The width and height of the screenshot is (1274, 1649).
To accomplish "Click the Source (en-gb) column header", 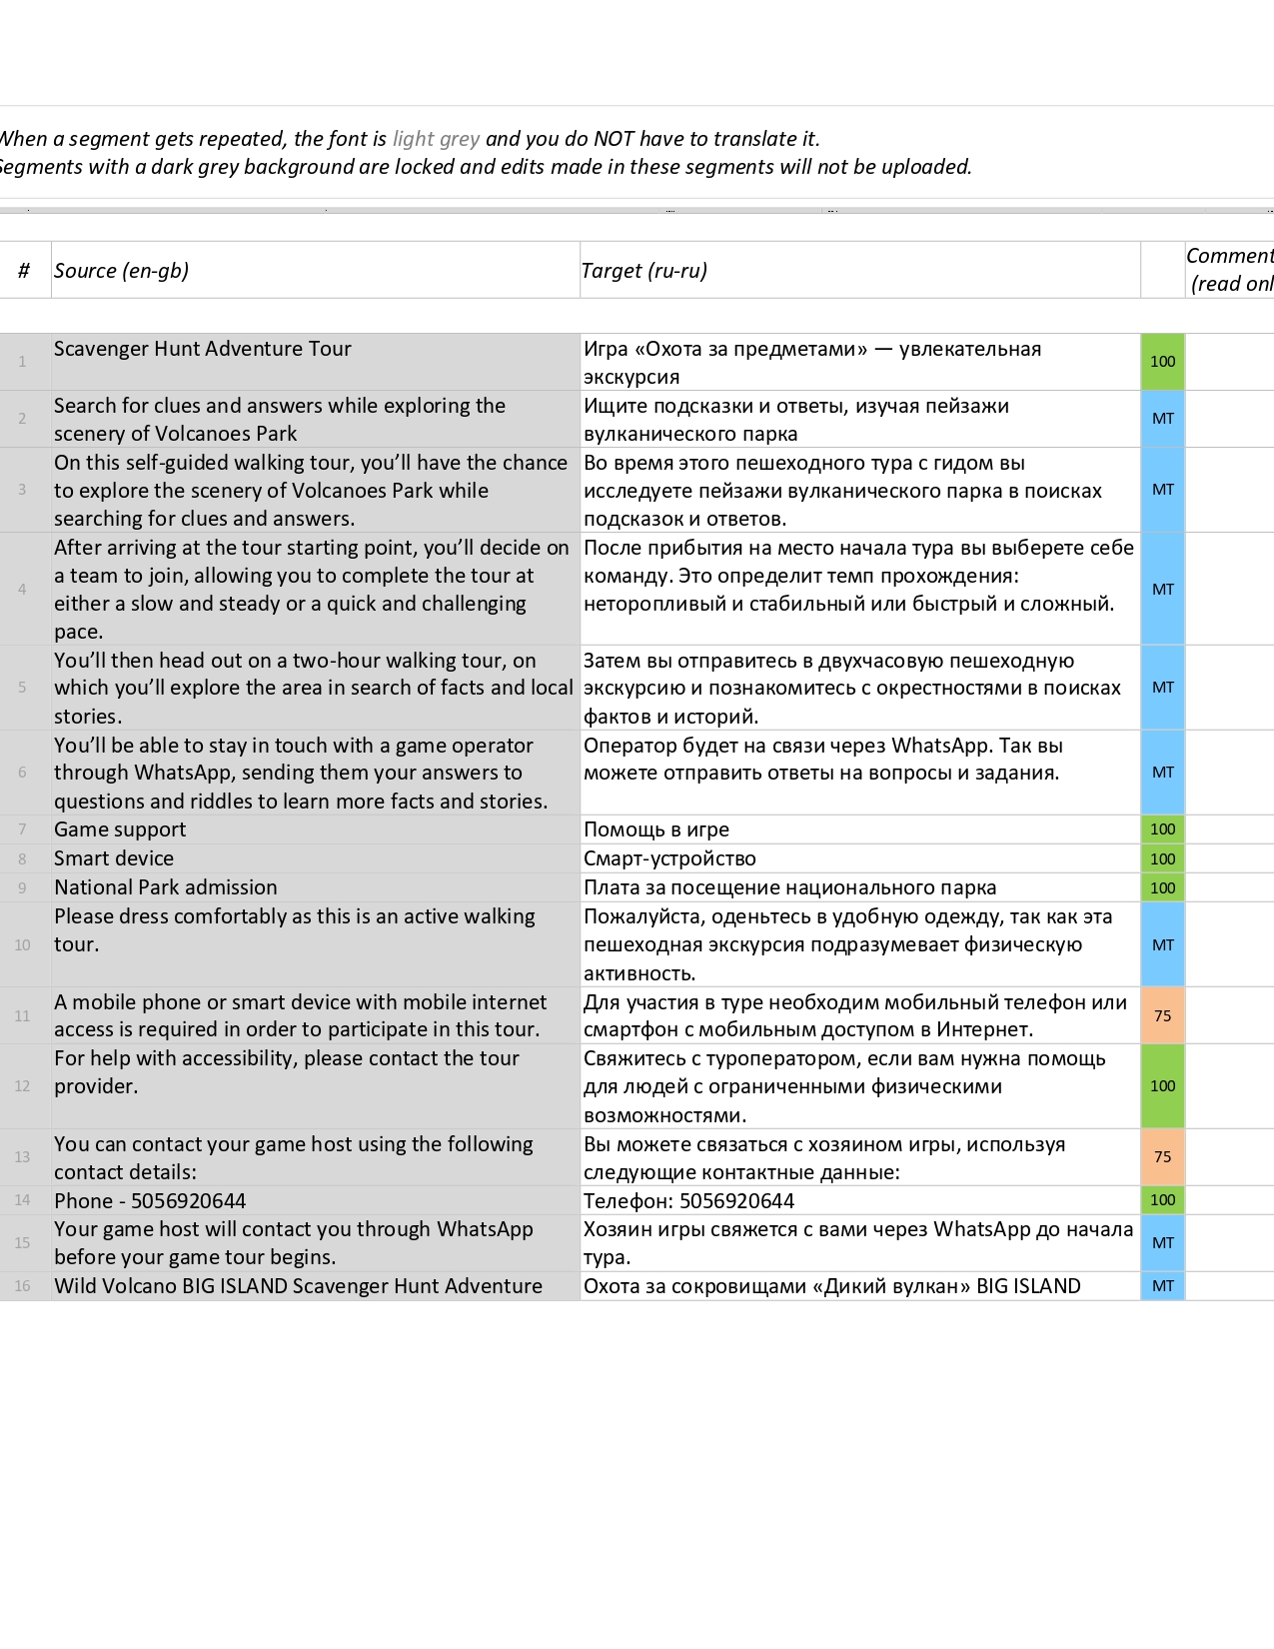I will pyautogui.click(x=121, y=271).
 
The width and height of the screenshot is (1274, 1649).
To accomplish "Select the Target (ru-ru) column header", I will pyautogui.click(x=644, y=271).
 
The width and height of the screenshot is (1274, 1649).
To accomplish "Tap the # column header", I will pyautogui.click(x=24, y=271).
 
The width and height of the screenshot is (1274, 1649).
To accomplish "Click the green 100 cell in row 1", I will pyautogui.click(x=1162, y=362).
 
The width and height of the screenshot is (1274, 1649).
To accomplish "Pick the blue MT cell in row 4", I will pyautogui.click(x=1162, y=590).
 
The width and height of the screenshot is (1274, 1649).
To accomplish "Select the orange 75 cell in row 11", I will pyautogui.click(x=1162, y=1016).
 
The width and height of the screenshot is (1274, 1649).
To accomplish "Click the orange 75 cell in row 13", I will pyautogui.click(x=1162, y=1157).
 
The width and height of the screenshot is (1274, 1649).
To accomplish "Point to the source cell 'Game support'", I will pyautogui.click(x=120, y=829).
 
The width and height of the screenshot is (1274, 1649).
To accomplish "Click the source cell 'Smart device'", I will pyautogui.click(x=114, y=858).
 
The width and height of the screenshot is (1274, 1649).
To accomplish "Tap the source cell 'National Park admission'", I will pyautogui.click(x=166, y=887).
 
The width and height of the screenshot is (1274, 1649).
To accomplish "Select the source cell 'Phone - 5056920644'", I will pyautogui.click(x=150, y=1201).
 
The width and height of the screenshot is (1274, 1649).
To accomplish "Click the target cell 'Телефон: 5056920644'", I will pyautogui.click(x=689, y=1201).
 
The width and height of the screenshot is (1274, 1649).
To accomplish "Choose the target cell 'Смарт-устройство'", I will pyautogui.click(x=669, y=858).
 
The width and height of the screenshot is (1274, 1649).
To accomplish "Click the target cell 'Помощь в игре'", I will pyautogui.click(x=656, y=829).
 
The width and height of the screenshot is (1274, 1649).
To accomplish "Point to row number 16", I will pyautogui.click(x=22, y=1286).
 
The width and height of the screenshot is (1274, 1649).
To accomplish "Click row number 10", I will pyautogui.click(x=22, y=945).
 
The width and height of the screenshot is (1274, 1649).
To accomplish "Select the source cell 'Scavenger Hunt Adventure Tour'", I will pyautogui.click(x=203, y=349).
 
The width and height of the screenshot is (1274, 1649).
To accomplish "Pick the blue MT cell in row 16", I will pyautogui.click(x=1162, y=1286).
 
